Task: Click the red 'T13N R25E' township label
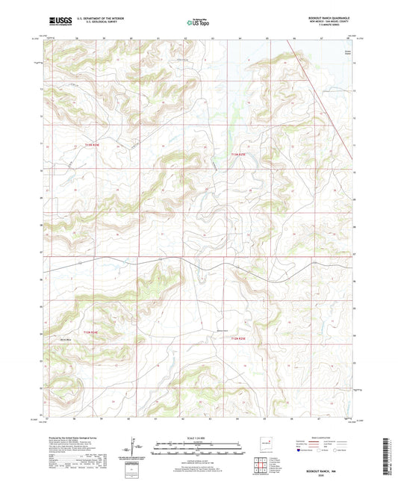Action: point(237,154)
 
